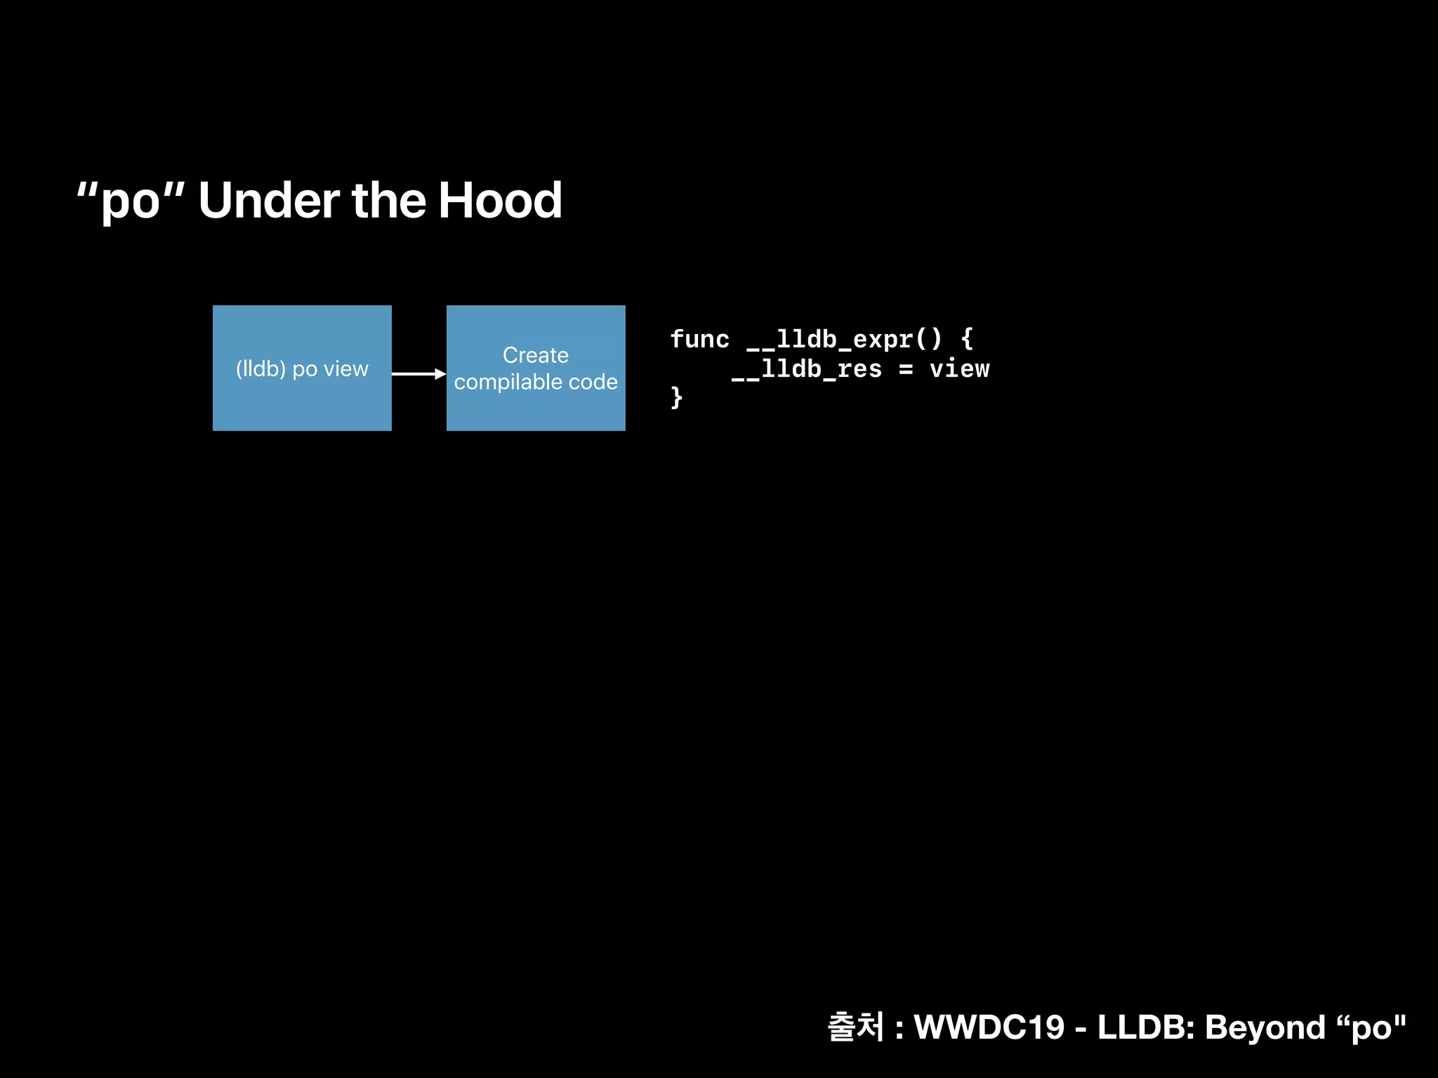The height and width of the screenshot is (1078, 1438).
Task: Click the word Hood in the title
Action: (499, 201)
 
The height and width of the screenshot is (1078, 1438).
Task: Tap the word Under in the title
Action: (269, 201)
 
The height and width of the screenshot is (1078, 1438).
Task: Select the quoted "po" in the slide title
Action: (131, 201)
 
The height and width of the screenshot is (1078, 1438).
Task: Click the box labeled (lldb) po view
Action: (302, 368)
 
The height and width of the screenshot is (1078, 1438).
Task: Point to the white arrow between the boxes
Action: (418, 373)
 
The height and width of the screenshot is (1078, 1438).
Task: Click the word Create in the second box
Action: (536, 355)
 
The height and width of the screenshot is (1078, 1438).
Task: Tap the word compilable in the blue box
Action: (508, 382)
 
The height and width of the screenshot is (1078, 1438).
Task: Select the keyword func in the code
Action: (699, 340)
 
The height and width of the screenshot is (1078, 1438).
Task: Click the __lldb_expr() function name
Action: (843, 340)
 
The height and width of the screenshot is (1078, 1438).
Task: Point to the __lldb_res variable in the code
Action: (806, 369)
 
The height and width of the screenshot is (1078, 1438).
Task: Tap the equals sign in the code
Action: (906, 369)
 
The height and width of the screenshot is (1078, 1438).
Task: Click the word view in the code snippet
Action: (959, 369)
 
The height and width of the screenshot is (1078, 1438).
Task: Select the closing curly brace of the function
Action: (676, 398)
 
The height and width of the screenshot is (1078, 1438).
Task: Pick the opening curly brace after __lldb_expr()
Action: (967, 340)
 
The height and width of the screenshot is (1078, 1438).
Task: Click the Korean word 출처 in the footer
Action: (855, 1027)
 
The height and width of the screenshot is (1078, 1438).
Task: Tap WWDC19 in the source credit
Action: (989, 1027)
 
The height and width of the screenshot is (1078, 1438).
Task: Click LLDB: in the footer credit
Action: (1146, 1027)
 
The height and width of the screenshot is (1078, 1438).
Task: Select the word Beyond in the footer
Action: (1265, 1027)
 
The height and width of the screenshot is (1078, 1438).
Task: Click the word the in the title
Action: (388, 201)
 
